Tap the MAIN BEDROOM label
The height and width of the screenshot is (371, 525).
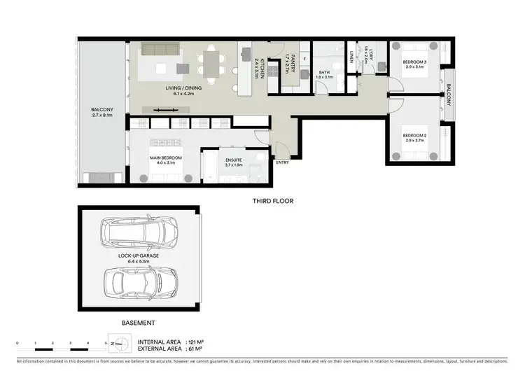[x=166, y=158]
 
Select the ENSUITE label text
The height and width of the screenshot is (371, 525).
[x=233, y=160]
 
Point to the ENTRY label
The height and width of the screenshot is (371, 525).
[x=282, y=162]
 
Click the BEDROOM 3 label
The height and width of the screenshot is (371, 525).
[x=415, y=62]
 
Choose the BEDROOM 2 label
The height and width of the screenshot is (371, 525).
[x=414, y=135]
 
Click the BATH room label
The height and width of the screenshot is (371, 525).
[x=324, y=72]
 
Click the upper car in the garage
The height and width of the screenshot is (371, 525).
[x=139, y=230]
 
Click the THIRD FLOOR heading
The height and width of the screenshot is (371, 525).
[x=273, y=200]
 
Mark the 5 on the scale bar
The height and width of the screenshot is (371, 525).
[x=105, y=342]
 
